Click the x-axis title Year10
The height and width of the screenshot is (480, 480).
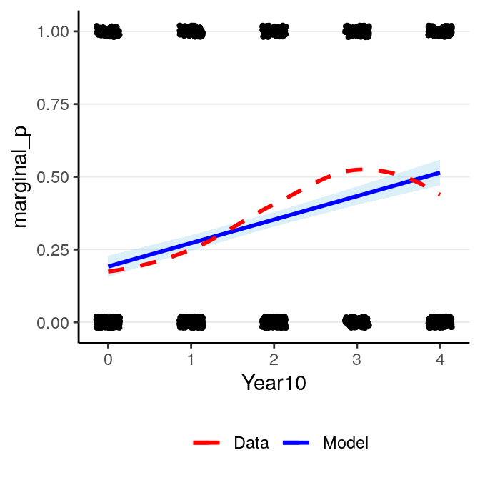coord(274,383)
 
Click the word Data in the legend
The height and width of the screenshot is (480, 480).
coord(251,443)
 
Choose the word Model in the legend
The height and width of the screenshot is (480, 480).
coord(346,443)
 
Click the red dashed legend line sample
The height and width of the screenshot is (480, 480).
coord(210,443)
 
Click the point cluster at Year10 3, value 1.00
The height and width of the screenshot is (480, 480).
coord(357,31)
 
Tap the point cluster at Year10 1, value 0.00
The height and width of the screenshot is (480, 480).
coord(191,323)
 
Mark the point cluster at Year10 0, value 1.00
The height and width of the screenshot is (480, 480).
coord(108,31)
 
